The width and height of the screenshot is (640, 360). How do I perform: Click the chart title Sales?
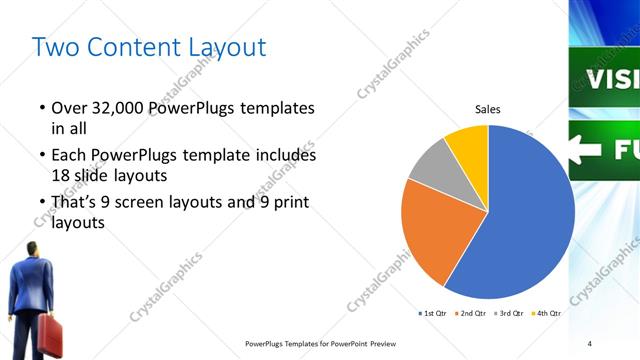pos(487,109)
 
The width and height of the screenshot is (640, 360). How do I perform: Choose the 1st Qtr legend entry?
pos(433,313)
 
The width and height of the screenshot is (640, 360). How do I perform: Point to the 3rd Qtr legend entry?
pos(510,313)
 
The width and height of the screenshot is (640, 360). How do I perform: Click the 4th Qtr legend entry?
pos(547,313)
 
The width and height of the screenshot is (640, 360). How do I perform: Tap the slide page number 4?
pos(590,343)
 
